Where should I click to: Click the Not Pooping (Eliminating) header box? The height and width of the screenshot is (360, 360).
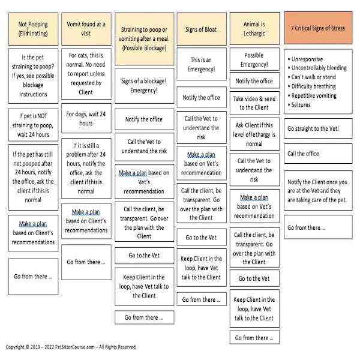[33, 28]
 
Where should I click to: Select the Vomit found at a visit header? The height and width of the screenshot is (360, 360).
[86, 28]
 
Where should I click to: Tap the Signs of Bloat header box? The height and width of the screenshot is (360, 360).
[202, 28]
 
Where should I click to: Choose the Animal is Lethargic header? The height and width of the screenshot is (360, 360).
[254, 28]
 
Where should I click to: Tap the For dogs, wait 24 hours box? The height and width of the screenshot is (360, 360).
[86, 119]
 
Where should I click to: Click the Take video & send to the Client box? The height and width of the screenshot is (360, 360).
[254, 103]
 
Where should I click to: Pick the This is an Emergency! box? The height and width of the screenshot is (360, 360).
[202, 64]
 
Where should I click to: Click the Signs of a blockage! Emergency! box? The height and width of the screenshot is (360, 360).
[144, 85]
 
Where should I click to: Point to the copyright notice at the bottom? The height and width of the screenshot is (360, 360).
[71, 347]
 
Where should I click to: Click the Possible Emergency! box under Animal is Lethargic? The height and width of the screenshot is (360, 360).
[254, 59]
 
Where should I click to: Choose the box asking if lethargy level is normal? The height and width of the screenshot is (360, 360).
[254, 135]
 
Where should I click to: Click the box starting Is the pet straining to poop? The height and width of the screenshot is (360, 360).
[33, 73]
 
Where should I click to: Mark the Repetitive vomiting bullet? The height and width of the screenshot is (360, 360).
[313, 95]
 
